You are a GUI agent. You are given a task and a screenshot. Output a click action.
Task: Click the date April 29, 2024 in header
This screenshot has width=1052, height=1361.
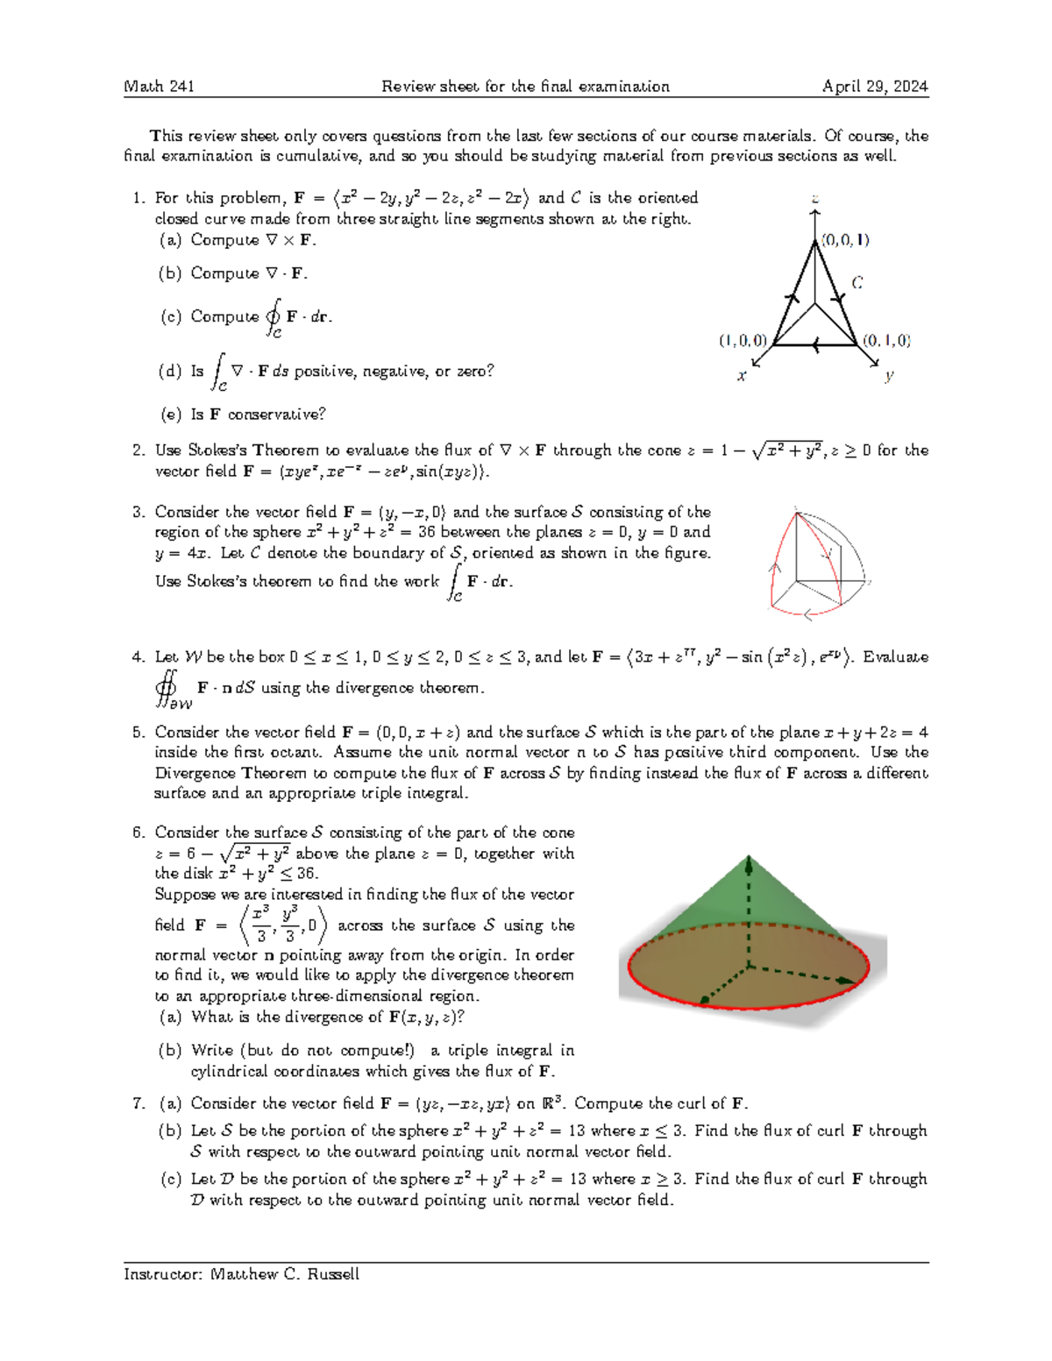tap(874, 86)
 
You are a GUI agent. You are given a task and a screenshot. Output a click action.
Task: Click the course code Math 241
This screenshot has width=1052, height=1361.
tap(159, 86)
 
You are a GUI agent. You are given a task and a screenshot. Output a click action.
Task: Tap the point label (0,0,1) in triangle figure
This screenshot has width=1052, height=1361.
tap(845, 239)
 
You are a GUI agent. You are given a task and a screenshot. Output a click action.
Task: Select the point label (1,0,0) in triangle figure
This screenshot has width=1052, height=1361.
tap(743, 340)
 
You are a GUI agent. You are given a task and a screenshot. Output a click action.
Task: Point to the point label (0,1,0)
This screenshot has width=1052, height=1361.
tap(886, 340)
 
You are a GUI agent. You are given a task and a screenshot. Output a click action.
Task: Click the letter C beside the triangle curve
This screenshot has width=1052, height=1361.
tap(857, 282)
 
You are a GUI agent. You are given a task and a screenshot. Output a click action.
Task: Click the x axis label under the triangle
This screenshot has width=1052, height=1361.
tap(742, 376)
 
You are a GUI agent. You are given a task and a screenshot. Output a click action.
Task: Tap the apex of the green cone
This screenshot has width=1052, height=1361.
tap(749, 856)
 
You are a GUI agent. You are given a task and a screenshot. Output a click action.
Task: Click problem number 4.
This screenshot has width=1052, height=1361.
tap(138, 656)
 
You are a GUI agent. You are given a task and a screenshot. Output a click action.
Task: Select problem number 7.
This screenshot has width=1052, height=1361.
tap(138, 1103)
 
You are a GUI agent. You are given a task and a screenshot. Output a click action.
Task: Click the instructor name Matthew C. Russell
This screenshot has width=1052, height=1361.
tap(285, 1274)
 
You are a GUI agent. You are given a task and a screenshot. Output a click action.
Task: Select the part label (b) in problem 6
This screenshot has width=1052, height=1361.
tap(170, 1050)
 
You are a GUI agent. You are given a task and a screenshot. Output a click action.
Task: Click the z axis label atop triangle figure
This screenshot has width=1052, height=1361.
tap(815, 199)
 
